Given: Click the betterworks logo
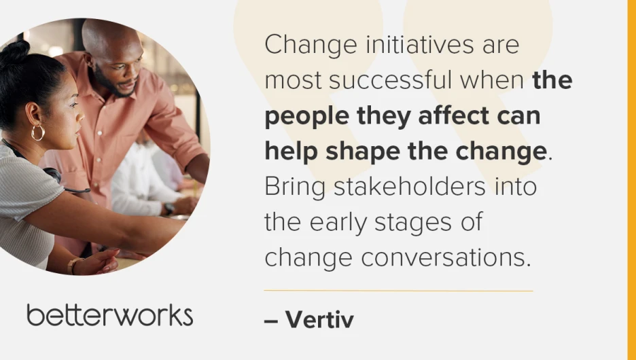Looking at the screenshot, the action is tap(109, 315).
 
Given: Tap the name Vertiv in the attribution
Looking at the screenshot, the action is tap(319, 320).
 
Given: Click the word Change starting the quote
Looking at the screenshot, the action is tap(311, 46).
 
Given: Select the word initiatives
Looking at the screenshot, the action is tap(420, 44).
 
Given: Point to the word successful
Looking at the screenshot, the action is tap(390, 80).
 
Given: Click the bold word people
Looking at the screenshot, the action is tap(306, 117).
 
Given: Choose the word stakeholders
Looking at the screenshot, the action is tap(409, 187).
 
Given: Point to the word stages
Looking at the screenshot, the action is tap(413, 223).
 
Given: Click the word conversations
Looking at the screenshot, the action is tap(446, 258).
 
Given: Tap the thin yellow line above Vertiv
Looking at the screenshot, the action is tap(398, 291).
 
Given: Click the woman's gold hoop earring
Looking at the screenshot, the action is tap(38, 132).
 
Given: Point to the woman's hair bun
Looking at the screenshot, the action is tap(16, 51).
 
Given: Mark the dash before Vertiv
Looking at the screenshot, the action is tap(271, 321).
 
